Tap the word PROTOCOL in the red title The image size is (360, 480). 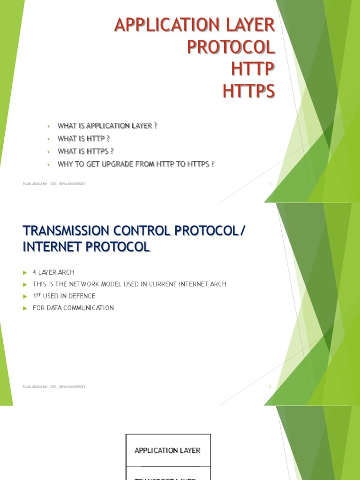(x=231, y=47)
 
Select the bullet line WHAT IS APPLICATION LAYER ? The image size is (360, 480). (x=107, y=126)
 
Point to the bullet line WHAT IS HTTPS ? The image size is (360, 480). (x=85, y=151)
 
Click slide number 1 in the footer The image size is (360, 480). (x=270, y=184)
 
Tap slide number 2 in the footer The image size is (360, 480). (x=270, y=387)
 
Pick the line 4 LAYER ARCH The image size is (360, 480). (x=53, y=272)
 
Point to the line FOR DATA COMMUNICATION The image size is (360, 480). (x=73, y=308)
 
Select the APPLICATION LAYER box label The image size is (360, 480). (x=167, y=450)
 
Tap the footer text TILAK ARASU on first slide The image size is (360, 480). (x=32, y=184)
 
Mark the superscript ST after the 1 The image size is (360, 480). (x=38, y=294)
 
